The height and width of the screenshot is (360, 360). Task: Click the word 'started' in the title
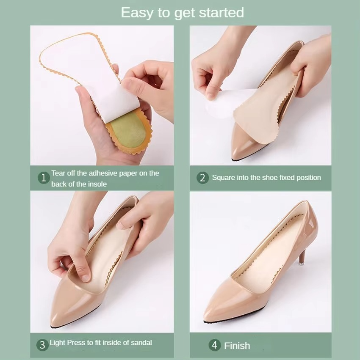coord(221,12)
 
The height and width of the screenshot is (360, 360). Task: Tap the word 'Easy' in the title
coord(136,13)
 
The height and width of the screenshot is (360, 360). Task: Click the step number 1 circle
coord(44,178)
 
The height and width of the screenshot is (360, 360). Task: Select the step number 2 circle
coord(202,178)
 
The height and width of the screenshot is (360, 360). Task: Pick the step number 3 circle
coord(42,345)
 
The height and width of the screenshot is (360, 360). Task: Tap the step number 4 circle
coord(214,345)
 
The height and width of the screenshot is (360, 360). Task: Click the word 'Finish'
coord(237,346)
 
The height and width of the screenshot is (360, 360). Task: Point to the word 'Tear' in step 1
coord(57,173)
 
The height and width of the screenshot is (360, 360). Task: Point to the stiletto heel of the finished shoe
coord(302,258)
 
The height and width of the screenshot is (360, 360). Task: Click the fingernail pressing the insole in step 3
coord(86,278)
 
